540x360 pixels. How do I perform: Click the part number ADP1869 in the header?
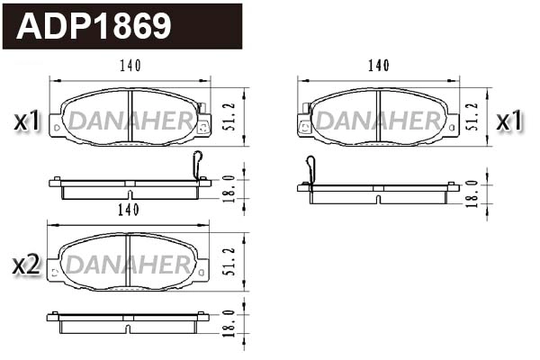(x=94, y=26)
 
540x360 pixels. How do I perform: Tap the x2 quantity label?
(x=26, y=264)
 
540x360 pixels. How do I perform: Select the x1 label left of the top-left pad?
(x=26, y=120)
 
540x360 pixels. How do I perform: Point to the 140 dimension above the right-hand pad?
(x=379, y=66)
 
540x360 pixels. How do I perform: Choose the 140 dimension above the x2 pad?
(x=128, y=210)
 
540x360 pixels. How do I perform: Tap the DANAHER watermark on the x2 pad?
(x=129, y=265)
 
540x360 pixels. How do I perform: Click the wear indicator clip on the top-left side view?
(x=199, y=166)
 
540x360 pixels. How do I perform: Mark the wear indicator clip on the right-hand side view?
(x=310, y=170)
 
